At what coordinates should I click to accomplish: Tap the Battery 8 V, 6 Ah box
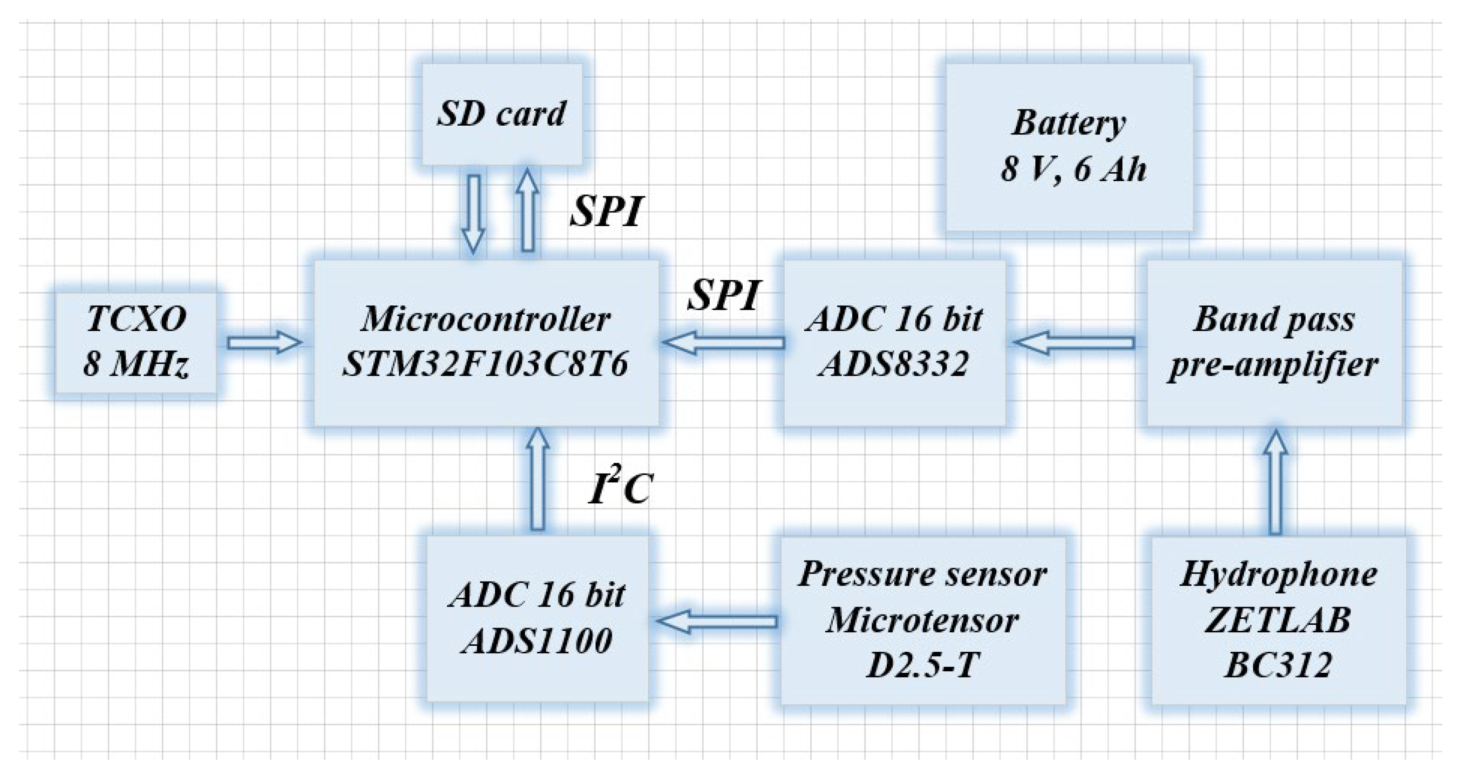point(1069,147)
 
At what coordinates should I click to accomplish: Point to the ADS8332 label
point(894,364)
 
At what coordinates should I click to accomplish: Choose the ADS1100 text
point(537,642)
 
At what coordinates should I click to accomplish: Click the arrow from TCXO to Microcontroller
point(264,343)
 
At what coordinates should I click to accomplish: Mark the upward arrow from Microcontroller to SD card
point(527,210)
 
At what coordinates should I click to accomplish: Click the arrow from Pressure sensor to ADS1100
point(717,621)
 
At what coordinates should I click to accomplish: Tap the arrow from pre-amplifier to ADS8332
point(1074,343)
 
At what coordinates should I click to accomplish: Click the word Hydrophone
point(1278,574)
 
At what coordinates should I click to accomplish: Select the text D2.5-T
point(922,666)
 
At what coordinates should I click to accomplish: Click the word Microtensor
point(922,621)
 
